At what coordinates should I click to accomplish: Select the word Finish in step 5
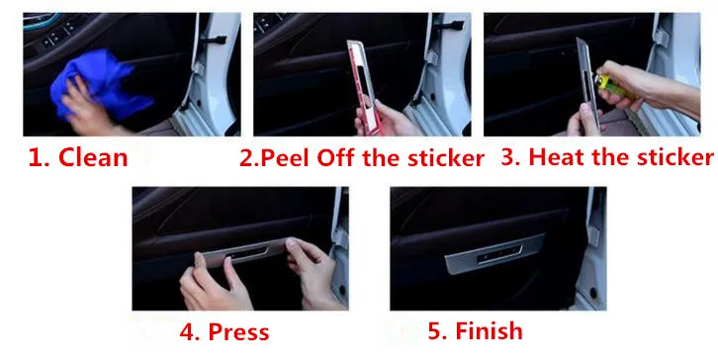point(485,329)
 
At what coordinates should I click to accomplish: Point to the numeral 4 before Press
point(185,331)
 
